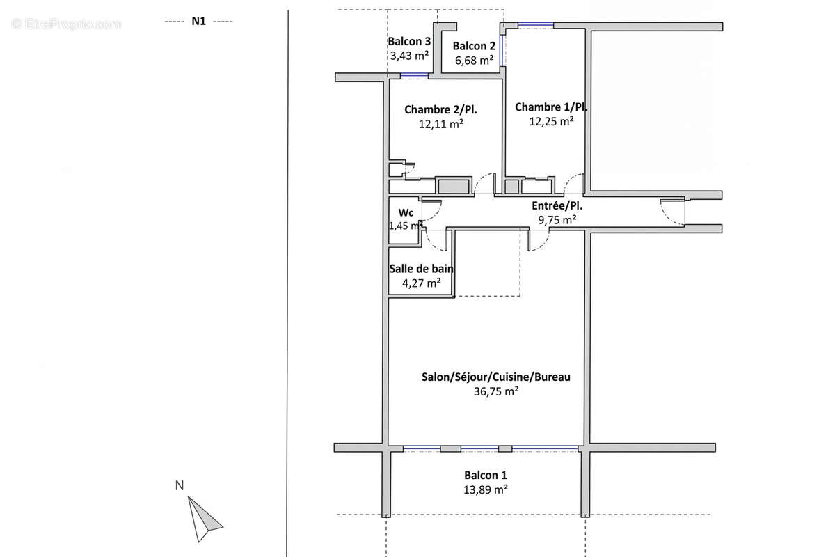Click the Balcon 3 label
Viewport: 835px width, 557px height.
tap(409, 41)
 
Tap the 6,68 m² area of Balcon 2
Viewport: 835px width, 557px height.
tap(474, 60)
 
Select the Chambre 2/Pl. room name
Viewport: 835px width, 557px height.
tap(440, 110)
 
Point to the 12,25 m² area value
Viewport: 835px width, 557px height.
tap(551, 121)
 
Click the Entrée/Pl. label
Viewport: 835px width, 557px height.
tap(557, 205)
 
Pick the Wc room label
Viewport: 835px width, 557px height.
tap(406, 212)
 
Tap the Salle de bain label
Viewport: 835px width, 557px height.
tap(421, 269)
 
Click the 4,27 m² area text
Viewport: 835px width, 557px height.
tap(421, 283)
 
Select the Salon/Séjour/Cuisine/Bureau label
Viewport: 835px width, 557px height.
tap(495, 377)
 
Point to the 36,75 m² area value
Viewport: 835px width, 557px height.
tap(495, 391)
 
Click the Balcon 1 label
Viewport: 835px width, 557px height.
tap(486, 475)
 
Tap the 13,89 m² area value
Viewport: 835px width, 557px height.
tap(486, 489)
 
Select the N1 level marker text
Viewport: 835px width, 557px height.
tap(199, 22)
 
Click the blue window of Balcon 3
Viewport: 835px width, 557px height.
tap(414, 75)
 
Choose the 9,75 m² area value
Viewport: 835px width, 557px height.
tap(557, 220)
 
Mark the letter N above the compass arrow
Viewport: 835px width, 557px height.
tap(180, 485)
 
